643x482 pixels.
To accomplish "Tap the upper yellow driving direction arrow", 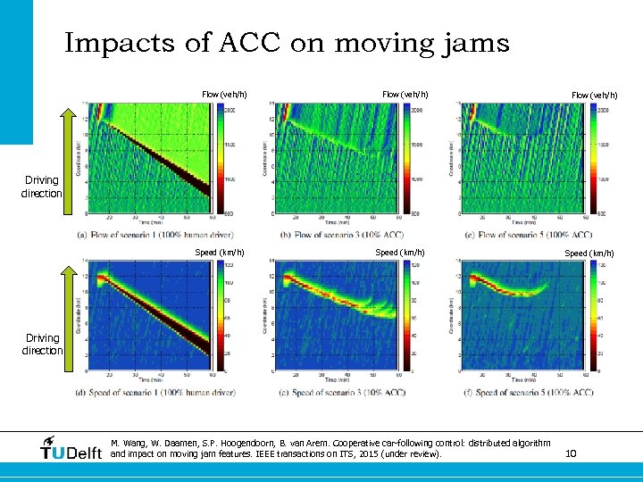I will [69, 161].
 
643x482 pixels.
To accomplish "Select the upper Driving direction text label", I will [42, 187].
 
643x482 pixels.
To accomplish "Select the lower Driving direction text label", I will [42, 344].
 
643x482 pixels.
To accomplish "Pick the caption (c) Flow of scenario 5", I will [530, 235].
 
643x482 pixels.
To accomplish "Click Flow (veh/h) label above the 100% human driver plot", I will [224, 95].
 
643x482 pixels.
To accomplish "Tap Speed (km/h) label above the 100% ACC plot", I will [586, 253].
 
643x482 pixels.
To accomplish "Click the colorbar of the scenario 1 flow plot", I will [219, 158].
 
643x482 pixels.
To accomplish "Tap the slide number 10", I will [571, 454].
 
